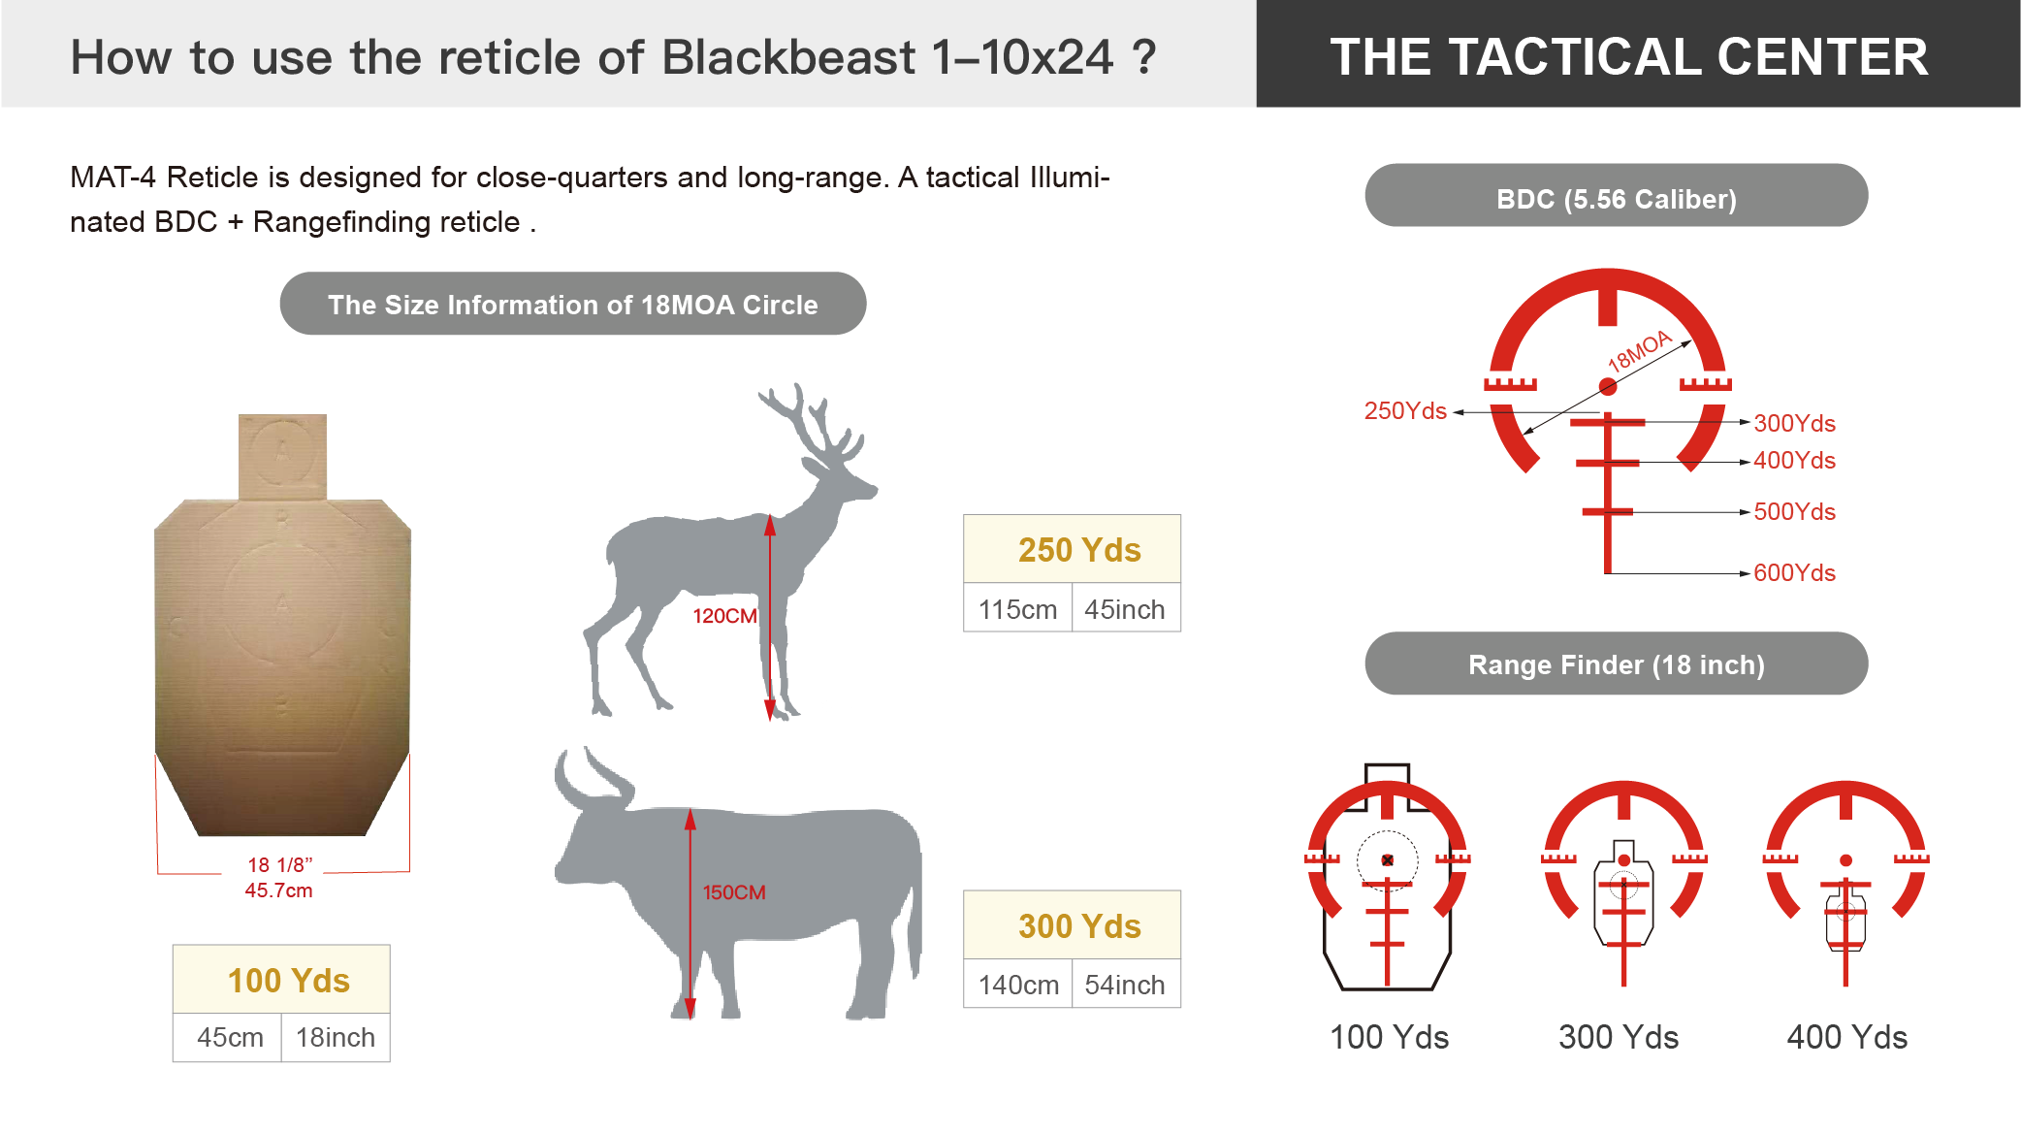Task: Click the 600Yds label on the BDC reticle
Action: pos(1794,573)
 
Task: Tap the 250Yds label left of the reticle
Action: pos(1405,411)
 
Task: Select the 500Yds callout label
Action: pos(1794,512)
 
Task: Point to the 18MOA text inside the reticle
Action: pos(1640,351)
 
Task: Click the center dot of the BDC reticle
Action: pos(1608,387)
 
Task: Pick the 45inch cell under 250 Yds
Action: pos(1125,609)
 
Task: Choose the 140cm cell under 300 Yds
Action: pos(1018,985)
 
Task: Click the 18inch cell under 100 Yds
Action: pos(336,1038)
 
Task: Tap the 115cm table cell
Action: pos(1018,609)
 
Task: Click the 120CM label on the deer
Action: pos(724,616)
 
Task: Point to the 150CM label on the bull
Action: pos(734,892)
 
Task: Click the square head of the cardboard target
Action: pos(282,457)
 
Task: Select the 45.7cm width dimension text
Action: pos(278,890)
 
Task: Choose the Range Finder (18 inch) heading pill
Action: pos(1617,664)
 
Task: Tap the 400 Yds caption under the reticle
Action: pos(1847,1038)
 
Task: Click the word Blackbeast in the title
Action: pos(788,57)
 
